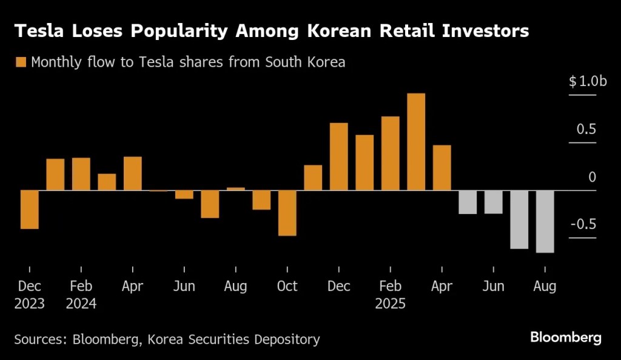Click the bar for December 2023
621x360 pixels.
pos(29,210)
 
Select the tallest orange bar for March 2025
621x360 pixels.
pos(416,142)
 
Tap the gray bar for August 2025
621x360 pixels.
pos(545,221)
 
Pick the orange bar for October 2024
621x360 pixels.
pos(287,213)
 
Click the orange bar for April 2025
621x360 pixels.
pos(441,168)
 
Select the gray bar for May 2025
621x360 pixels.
pos(468,202)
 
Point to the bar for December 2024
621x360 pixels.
pos(338,156)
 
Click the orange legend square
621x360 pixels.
pos(21,62)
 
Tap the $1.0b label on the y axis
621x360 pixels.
pos(587,82)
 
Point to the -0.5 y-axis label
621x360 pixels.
pos(583,224)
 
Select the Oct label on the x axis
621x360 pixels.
pos(287,287)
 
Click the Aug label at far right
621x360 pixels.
pos(545,287)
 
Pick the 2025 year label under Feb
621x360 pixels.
pos(390,304)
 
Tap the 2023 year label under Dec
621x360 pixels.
pos(29,304)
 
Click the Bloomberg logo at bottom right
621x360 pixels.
pos(565,338)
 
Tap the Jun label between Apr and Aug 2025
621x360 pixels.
pos(493,287)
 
